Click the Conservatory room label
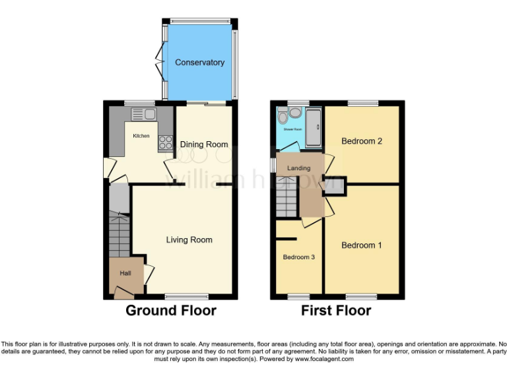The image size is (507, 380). pyautogui.click(x=199, y=63)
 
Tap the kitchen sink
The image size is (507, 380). pyautogui.click(x=144, y=115)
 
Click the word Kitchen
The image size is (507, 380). pyautogui.click(x=141, y=136)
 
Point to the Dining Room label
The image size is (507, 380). pyautogui.click(x=204, y=144)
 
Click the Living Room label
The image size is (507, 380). pyautogui.click(x=189, y=239)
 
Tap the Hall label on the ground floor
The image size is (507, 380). pyautogui.click(x=125, y=273)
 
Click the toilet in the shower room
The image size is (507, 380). pyautogui.click(x=283, y=117)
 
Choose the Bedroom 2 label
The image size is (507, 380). pyautogui.click(x=361, y=141)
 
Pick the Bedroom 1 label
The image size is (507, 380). pyautogui.click(x=361, y=245)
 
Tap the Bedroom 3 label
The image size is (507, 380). pyautogui.click(x=298, y=257)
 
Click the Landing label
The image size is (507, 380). pyautogui.click(x=298, y=168)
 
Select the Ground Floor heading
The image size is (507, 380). pyautogui.click(x=171, y=310)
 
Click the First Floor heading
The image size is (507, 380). pyautogui.click(x=336, y=310)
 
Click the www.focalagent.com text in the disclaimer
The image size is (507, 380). pyautogui.click(x=324, y=360)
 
